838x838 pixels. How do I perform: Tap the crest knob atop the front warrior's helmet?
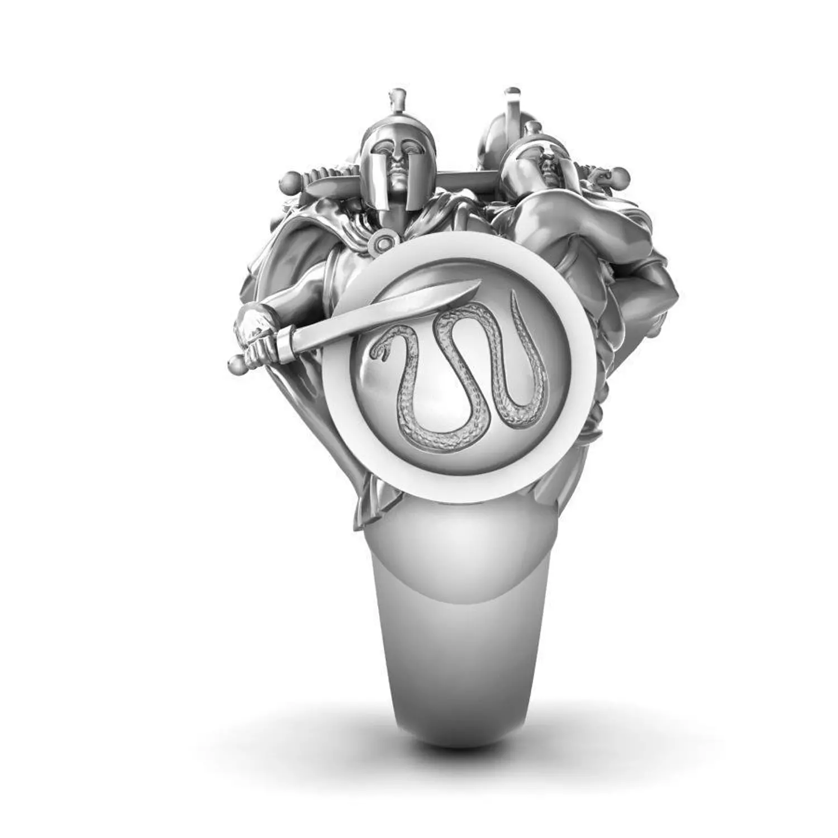click(397, 93)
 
